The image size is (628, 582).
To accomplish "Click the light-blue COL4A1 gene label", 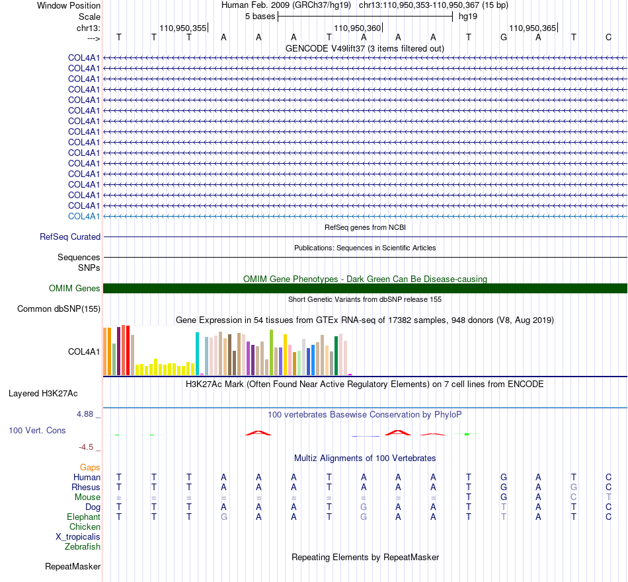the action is [x=84, y=216].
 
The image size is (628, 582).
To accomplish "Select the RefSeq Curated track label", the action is [x=70, y=236].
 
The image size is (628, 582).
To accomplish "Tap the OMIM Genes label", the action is [x=75, y=288].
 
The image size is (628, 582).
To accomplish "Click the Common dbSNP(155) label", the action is [x=59, y=309].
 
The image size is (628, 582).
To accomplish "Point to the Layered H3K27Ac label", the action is [x=43, y=394].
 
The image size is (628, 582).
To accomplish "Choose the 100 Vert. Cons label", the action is [x=37, y=430].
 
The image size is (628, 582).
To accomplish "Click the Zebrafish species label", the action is [x=83, y=546].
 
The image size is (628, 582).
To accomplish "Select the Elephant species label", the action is [x=84, y=517].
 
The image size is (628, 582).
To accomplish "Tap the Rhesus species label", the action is [x=86, y=487].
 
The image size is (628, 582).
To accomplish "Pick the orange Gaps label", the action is [x=90, y=467].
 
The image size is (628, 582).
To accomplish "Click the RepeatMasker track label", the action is [x=73, y=566].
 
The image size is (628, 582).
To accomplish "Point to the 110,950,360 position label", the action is [x=358, y=28].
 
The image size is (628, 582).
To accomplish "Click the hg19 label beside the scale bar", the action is [x=468, y=17].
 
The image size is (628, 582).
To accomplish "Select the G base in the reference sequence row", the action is [x=504, y=37].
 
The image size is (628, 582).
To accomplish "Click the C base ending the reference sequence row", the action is [x=608, y=37].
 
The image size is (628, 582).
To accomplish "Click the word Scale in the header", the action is [x=89, y=17].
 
